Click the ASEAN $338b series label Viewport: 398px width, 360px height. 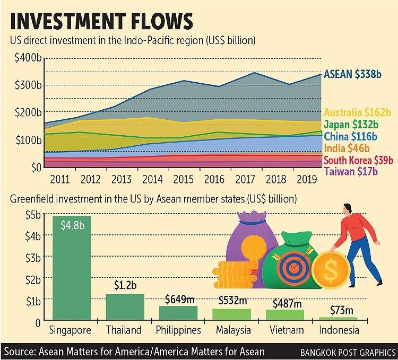click(x=352, y=74)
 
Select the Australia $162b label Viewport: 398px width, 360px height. click(x=358, y=112)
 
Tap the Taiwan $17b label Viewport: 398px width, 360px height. click(x=351, y=171)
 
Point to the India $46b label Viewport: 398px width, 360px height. click(x=347, y=148)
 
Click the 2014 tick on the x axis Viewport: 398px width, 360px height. click(x=152, y=180)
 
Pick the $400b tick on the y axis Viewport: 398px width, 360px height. click(x=28, y=58)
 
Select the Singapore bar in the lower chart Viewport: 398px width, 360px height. click(x=72, y=268)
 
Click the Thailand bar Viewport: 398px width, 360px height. click(x=125, y=307)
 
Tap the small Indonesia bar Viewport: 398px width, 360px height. click(x=338, y=319)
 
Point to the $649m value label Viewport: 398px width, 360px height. click(x=180, y=300)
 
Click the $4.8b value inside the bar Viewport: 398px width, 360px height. click(x=72, y=225)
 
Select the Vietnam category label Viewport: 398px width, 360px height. click(x=287, y=330)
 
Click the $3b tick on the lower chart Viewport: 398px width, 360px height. click(x=33, y=258)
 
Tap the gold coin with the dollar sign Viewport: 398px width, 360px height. click(x=330, y=269)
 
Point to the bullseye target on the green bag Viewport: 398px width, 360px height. click(x=293, y=267)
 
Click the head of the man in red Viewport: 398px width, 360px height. click(x=347, y=209)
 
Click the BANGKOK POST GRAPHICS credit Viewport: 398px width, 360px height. click(x=348, y=352)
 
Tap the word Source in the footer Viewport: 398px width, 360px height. click(x=19, y=352)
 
